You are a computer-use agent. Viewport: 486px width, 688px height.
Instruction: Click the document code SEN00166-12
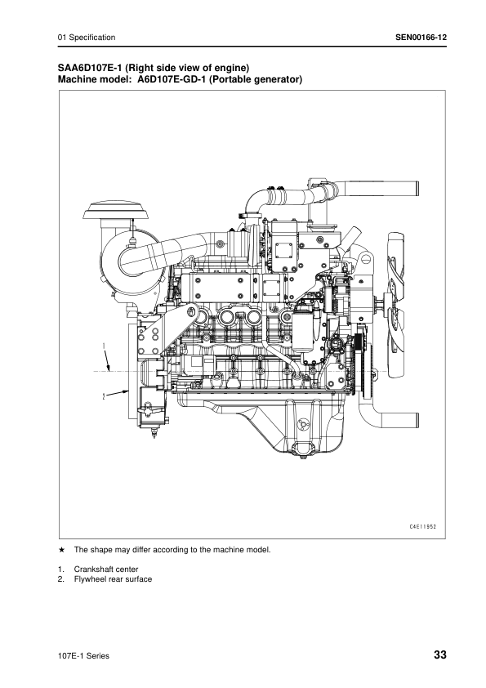click(x=421, y=38)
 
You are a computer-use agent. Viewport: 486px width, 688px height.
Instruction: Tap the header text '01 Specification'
click(x=87, y=38)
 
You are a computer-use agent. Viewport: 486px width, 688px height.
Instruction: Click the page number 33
click(x=440, y=655)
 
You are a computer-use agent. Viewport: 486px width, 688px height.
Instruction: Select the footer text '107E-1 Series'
click(x=83, y=656)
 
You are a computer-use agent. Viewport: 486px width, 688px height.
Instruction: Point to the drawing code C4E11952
click(x=423, y=527)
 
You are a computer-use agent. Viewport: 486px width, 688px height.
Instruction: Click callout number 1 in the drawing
click(x=104, y=346)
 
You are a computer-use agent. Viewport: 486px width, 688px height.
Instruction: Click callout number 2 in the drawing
click(x=104, y=396)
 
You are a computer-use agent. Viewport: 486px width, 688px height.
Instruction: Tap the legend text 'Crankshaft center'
click(x=106, y=569)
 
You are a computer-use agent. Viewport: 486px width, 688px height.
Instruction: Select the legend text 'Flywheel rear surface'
click(x=114, y=579)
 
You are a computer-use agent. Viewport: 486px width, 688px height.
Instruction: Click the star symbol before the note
click(x=62, y=549)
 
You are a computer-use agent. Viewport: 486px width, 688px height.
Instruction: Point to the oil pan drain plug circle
click(x=301, y=424)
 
